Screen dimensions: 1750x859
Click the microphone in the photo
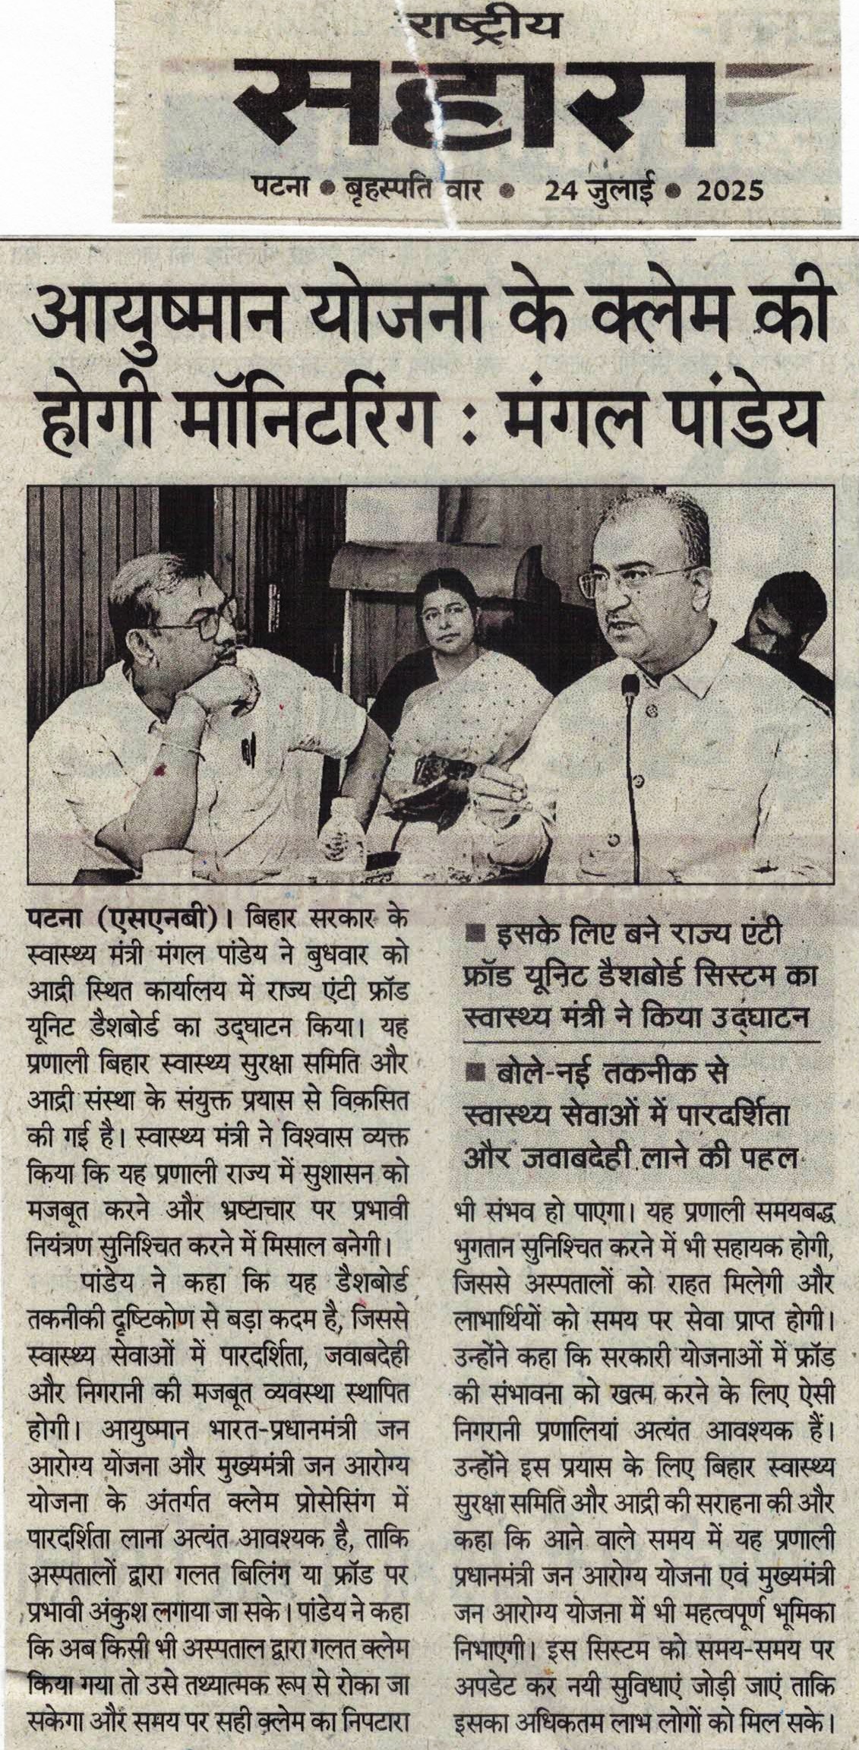630,687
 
